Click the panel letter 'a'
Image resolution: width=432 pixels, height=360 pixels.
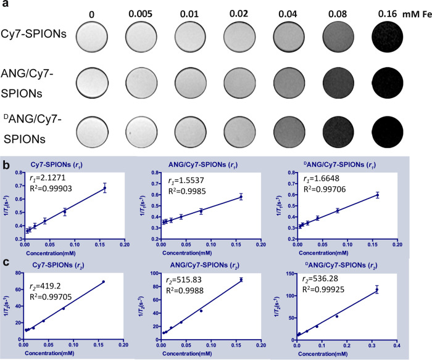5,6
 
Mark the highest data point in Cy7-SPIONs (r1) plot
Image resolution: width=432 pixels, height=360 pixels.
104,188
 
